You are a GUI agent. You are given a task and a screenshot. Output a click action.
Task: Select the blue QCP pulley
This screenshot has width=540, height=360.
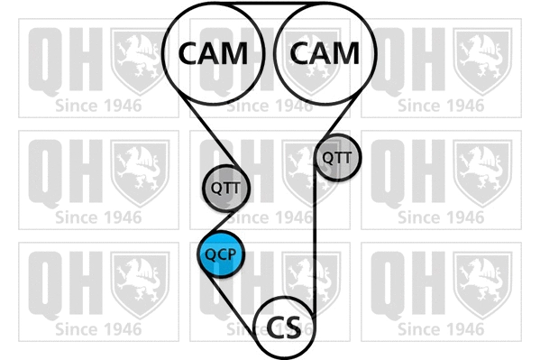tap(221, 254)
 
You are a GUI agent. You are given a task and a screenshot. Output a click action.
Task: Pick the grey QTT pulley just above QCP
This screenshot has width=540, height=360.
tap(226, 188)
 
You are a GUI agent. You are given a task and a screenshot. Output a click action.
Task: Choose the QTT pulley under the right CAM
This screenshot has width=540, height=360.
tap(337, 158)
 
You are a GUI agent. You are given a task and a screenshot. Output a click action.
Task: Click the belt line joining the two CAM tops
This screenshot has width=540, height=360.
tap(270, 3)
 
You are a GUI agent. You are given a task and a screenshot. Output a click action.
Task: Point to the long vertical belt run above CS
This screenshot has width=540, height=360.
tap(315, 238)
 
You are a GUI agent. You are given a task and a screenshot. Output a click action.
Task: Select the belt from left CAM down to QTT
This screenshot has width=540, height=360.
tap(209, 133)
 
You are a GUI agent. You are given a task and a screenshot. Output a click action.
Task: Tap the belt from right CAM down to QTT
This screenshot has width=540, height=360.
tap(338, 118)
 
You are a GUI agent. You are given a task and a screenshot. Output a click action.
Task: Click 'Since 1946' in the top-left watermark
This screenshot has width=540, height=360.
tap(98, 106)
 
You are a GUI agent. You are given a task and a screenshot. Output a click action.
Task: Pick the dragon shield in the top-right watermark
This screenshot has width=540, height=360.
tap(482, 61)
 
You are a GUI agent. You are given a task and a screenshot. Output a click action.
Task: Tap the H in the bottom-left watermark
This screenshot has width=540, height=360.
tap(86, 282)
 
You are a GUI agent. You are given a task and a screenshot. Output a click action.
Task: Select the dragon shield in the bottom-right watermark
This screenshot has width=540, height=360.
tap(482, 285)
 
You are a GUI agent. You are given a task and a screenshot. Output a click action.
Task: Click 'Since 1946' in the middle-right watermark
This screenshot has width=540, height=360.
tap(441, 217)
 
